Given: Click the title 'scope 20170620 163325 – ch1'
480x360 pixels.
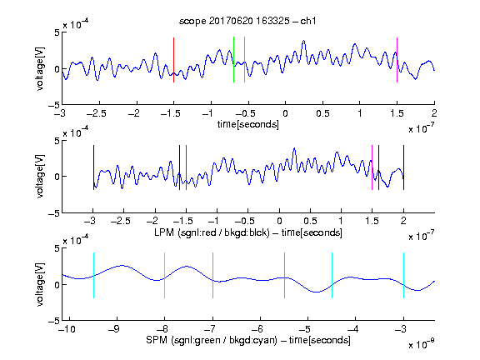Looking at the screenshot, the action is (247, 21).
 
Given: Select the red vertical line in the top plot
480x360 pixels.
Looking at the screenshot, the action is (173, 60).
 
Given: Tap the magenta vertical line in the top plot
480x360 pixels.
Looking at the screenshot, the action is (397, 60).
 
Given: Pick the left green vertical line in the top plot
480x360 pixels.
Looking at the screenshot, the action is (233, 60).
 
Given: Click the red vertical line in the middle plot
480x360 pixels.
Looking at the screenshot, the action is (186, 167).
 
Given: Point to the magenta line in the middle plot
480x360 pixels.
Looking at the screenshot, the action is (372, 167).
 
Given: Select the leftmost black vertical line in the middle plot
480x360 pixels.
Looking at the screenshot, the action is (93, 167).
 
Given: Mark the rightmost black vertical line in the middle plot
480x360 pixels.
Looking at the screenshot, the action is (403, 167).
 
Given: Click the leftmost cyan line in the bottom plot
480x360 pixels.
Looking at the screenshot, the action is (93, 275).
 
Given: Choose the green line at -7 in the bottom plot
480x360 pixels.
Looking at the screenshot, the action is (212, 275).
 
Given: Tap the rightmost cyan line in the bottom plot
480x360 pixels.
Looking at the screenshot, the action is (403, 275).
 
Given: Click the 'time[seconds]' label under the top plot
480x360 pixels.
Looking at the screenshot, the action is (248, 124).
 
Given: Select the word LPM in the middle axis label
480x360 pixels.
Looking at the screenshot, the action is (164, 232).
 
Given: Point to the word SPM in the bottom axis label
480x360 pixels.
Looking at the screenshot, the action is (157, 340).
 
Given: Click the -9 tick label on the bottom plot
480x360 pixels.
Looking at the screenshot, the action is (114, 329).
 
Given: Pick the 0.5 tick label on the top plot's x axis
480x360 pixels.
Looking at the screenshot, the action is (322, 113).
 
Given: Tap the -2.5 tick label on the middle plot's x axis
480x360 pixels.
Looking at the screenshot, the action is (121, 221).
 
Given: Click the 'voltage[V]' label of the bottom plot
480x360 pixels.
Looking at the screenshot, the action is (40, 284).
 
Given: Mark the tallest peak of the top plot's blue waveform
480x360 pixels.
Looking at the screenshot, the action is (303, 40).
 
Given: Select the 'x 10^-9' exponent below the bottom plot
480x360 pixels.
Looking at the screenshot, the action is (421, 344).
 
